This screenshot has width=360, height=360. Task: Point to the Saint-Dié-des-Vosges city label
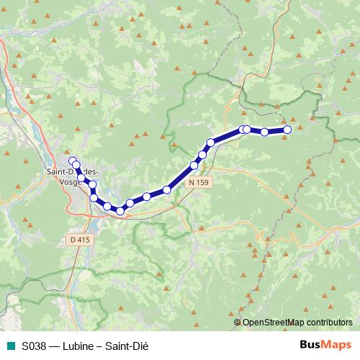pyautogui.click(x=72, y=176)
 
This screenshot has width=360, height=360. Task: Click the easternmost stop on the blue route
pyautogui.click(x=287, y=130)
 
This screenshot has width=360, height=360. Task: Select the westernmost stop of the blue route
pyautogui.click(x=72, y=161)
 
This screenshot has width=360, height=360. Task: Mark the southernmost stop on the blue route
pyautogui.click(x=120, y=210)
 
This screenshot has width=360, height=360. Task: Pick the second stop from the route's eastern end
pyautogui.click(x=265, y=132)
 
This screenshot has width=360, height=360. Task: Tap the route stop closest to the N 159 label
pyautogui.click(x=194, y=166)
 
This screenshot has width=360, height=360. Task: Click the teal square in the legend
pyautogui.click(x=10, y=345)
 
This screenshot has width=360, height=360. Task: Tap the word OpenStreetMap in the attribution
pyautogui.click(x=274, y=322)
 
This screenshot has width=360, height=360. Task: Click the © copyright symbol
pyautogui.click(x=238, y=322)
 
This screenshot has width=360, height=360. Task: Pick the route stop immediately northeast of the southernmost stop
pyautogui.click(x=130, y=203)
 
